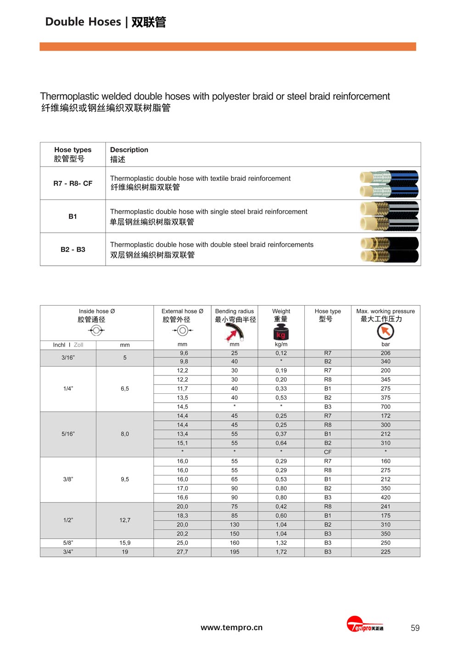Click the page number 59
tap(415, 628)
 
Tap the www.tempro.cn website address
tap(231, 627)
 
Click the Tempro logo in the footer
tap(365, 625)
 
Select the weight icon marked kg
tap(281, 332)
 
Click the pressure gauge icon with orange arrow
tap(386, 331)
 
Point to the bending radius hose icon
tap(235, 332)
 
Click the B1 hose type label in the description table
tap(73, 216)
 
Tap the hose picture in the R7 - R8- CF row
tap(389, 184)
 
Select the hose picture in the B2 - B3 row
tap(389, 250)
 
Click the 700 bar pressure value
tap(386, 407)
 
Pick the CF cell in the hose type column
tap(328, 452)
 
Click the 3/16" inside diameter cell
tap(68, 358)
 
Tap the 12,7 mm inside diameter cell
tap(125, 520)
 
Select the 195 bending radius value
tap(235, 552)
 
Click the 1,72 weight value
tap(281, 552)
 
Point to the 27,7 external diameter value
tap(182, 552)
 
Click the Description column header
tap(129, 150)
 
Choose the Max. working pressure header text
tap(386, 311)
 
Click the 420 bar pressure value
tap(386, 498)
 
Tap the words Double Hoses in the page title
tap(83, 22)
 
